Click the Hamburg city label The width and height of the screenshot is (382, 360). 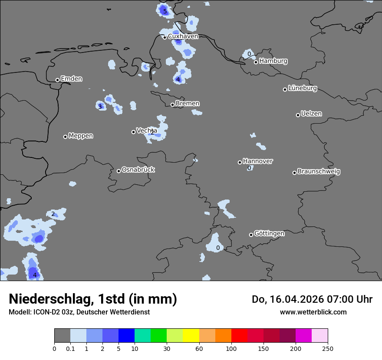pyautogui.click(x=273, y=61)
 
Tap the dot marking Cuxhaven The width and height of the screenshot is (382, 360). pyautogui.click(x=165, y=37)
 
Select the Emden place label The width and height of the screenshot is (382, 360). pyautogui.click(x=71, y=79)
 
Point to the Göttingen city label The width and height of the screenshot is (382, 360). pyautogui.click(x=269, y=233)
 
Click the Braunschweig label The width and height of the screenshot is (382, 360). pyautogui.click(x=319, y=172)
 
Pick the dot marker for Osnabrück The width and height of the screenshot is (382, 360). pyautogui.click(x=119, y=171)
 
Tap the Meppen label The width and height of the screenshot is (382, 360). pyautogui.click(x=81, y=136)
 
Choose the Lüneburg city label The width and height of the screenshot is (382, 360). pyautogui.click(x=303, y=88)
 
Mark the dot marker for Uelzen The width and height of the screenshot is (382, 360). pyautogui.click(x=298, y=115)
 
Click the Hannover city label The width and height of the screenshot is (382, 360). pyautogui.click(x=258, y=161)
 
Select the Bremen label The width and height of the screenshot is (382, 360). pyautogui.click(x=188, y=104)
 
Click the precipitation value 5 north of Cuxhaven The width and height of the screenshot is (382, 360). pyautogui.click(x=165, y=11)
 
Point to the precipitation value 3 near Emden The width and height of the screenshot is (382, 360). pyautogui.click(x=100, y=107)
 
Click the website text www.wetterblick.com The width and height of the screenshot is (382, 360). pyautogui.click(x=313, y=312)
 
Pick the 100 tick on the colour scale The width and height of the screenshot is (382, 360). pyautogui.click(x=231, y=348)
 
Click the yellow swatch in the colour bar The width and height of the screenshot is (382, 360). pyautogui.click(x=191, y=336)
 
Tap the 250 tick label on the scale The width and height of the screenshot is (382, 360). pyautogui.click(x=328, y=348)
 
